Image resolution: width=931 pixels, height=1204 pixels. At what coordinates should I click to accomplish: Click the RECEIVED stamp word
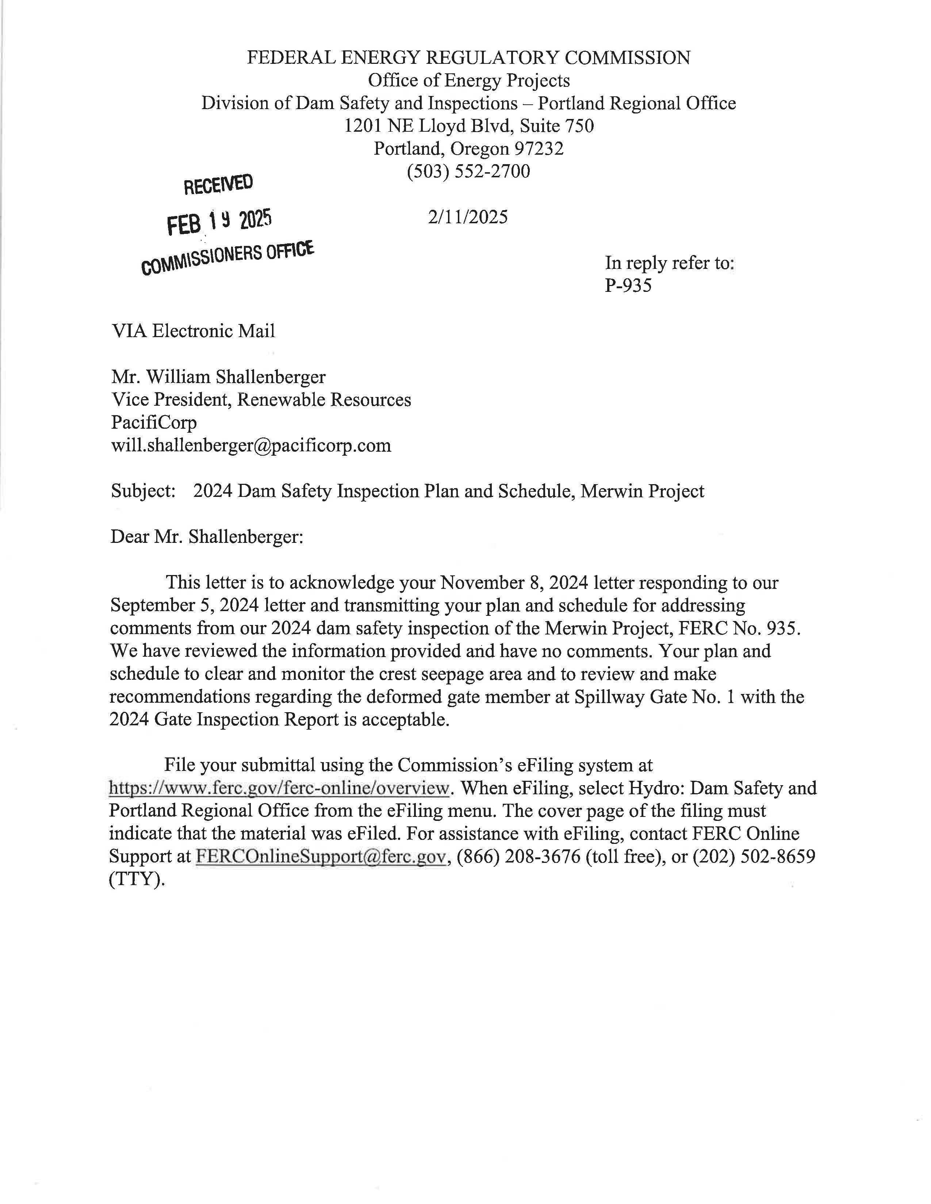(218, 184)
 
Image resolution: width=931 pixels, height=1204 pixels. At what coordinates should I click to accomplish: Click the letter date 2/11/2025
(468, 217)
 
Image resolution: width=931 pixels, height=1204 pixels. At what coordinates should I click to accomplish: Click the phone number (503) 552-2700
(468, 171)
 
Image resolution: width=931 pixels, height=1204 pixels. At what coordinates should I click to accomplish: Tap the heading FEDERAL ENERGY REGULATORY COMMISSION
(468, 58)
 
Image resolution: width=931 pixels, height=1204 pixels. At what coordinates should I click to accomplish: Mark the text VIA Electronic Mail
(193, 331)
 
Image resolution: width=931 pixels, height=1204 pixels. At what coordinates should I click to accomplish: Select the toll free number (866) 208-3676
(518, 856)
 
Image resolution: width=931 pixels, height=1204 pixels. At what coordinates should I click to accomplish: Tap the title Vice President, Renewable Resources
(261, 400)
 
